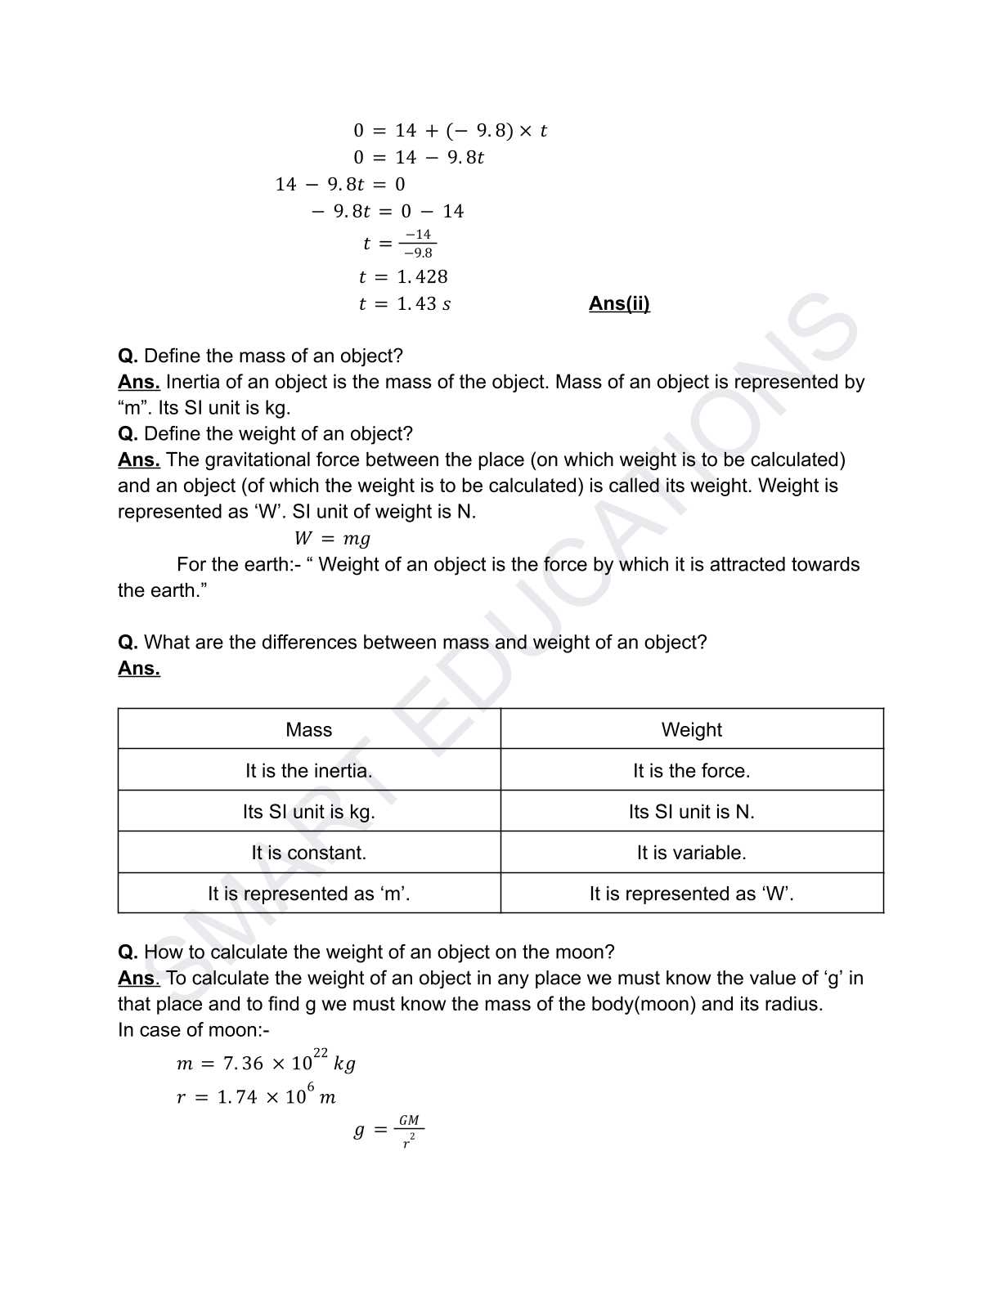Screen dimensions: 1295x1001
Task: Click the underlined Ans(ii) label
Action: [619, 303]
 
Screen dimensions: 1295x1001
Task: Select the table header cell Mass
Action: [309, 729]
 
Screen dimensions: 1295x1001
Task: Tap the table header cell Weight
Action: [691, 729]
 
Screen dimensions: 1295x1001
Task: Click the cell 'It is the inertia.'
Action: [309, 770]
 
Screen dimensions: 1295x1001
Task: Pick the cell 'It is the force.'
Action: [691, 770]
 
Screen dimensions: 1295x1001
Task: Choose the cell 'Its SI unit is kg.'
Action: [309, 811]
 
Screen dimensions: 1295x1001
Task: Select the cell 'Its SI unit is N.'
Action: [691, 811]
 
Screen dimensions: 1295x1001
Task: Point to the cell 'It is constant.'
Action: [309, 852]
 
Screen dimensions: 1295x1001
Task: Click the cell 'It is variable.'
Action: [691, 852]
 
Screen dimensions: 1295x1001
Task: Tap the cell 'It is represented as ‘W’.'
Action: [691, 893]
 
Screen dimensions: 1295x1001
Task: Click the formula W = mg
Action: [332, 538]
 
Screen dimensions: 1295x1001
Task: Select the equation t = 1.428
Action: [403, 276]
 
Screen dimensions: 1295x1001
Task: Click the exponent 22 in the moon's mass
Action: [321, 1053]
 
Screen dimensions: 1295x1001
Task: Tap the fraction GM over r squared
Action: [409, 1131]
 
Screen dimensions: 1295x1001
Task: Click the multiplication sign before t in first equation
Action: [525, 131]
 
